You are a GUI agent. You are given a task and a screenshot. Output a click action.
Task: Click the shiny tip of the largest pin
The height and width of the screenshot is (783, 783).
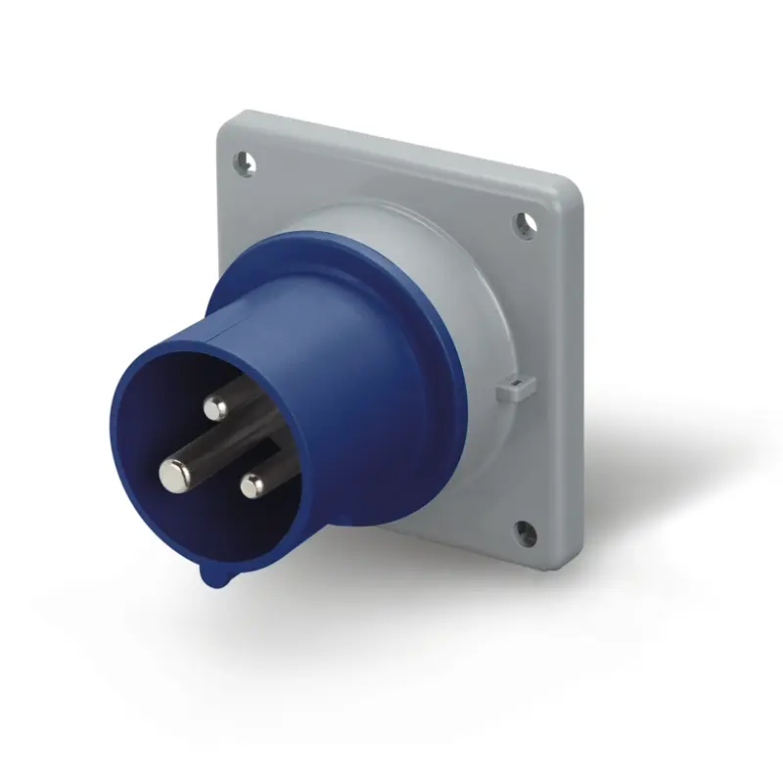[174, 475]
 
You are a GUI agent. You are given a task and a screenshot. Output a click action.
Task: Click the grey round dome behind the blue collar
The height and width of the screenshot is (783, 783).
[480, 294]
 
